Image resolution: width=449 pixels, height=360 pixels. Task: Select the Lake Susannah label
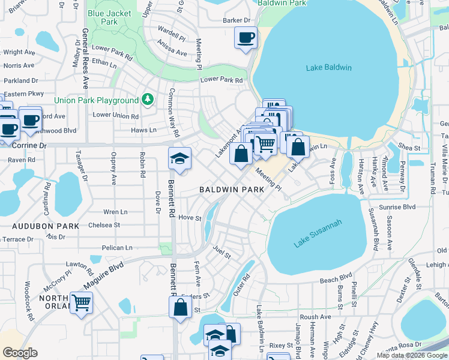[x=318, y=234]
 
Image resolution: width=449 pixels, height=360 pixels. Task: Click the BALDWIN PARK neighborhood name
[x=232, y=190]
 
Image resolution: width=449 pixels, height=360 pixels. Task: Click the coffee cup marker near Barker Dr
[x=246, y=38]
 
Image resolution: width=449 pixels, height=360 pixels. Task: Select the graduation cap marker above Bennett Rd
[x=179, y=159]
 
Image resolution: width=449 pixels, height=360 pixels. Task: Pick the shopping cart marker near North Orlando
[x=81, y=302]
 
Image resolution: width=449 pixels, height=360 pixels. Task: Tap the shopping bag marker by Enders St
[x=180, y=308]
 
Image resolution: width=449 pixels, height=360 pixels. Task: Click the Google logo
[x=20, y=352]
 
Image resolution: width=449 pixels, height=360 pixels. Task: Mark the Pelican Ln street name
[x=116, y=247]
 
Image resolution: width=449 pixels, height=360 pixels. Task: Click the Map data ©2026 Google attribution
[x=412, y=355]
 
